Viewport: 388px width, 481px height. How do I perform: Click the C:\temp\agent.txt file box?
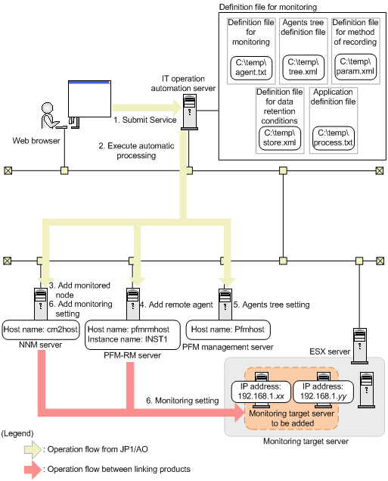[251, 67]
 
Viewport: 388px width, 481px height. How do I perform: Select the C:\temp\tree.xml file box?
[303, 67]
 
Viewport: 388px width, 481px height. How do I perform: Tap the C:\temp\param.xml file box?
[355, 67]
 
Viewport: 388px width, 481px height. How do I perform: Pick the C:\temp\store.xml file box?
[280, 139]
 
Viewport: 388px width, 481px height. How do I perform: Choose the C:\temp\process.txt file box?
[334, 139]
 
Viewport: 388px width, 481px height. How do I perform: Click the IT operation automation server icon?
[190, 112]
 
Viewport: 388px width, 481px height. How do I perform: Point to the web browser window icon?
[89, 98]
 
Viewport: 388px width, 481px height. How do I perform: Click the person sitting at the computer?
[50, 116]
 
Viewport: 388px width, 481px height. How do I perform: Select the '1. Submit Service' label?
[145, 120]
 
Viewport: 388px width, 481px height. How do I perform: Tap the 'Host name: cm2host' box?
[41, 330]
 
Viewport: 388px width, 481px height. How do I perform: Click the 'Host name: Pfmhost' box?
[228, 330]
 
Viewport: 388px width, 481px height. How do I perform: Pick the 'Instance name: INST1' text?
[128, 339]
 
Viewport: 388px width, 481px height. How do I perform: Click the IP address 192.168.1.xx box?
[261, 392]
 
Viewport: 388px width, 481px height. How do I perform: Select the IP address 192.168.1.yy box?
[324, 392]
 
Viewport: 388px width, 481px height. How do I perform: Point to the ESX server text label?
[330, 351]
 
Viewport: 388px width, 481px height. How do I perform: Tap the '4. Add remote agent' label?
[176, 305]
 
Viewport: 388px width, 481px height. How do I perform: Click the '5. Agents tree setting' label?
[272, 305]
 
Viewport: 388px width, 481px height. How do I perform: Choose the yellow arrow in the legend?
[33, 449]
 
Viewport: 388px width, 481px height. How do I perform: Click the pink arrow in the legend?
[33, 470]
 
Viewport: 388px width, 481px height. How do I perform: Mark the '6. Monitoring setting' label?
[182, 401]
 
